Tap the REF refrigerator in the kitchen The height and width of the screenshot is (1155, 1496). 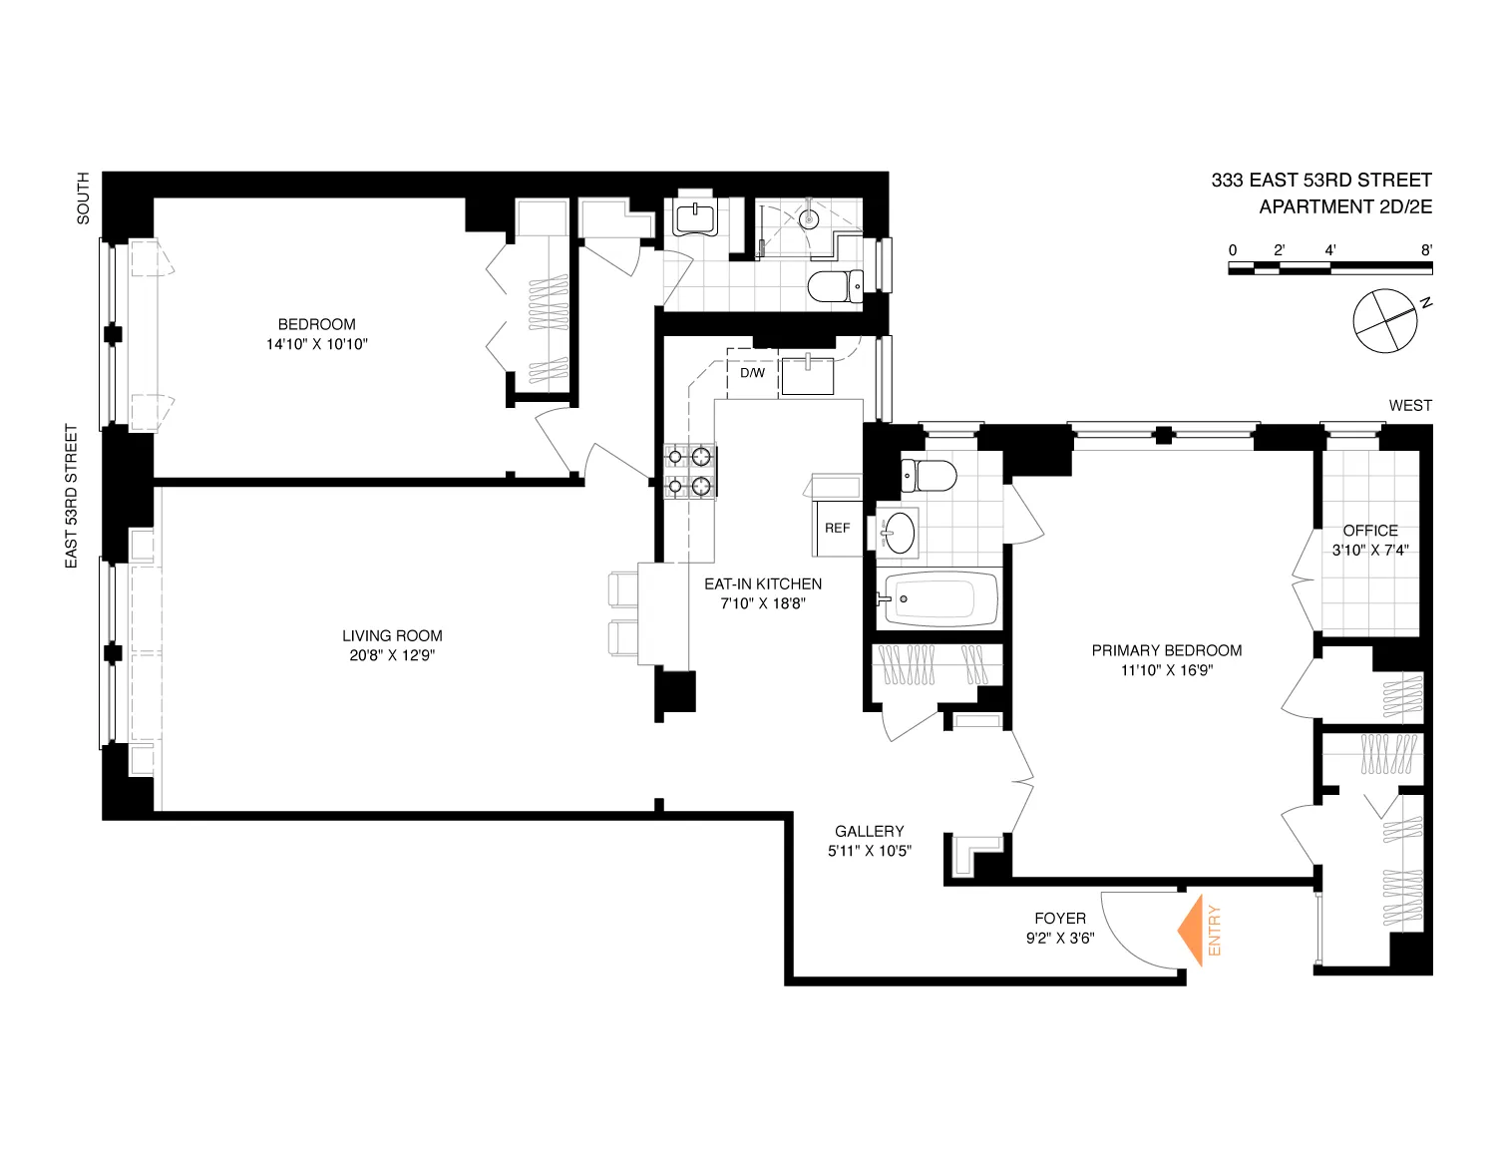click(x=837, y=528)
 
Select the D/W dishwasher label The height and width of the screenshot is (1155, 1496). click(x=752, y=374)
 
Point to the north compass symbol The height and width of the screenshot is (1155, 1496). click(x=1385, y=320)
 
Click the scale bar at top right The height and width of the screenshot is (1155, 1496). click(x=1330, y=267)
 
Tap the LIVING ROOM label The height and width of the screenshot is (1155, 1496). click(x=392, y=635)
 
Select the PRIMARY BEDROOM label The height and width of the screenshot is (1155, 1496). click(x=1166, y=650)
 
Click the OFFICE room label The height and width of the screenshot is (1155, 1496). click(x=1370, y=531)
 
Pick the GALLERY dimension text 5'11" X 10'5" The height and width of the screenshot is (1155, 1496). click(x=869, y=852)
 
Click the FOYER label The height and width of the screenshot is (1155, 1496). click(x=1060, y=919)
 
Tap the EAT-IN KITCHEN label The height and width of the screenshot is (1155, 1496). click(x=763, y=583)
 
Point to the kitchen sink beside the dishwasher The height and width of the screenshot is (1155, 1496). click(x=807, y=376)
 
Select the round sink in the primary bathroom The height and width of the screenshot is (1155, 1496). click(x=899, y=532)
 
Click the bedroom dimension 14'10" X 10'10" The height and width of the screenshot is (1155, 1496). click(x=316, y=344)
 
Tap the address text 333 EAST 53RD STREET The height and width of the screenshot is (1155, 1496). click(x=1320, y=181)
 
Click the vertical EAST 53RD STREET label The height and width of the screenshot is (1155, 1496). click(x=72, y=497)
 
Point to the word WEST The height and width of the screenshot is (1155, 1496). click(x=1409, y=406)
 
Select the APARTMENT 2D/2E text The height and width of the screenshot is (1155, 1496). click(x=1344, y=207)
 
